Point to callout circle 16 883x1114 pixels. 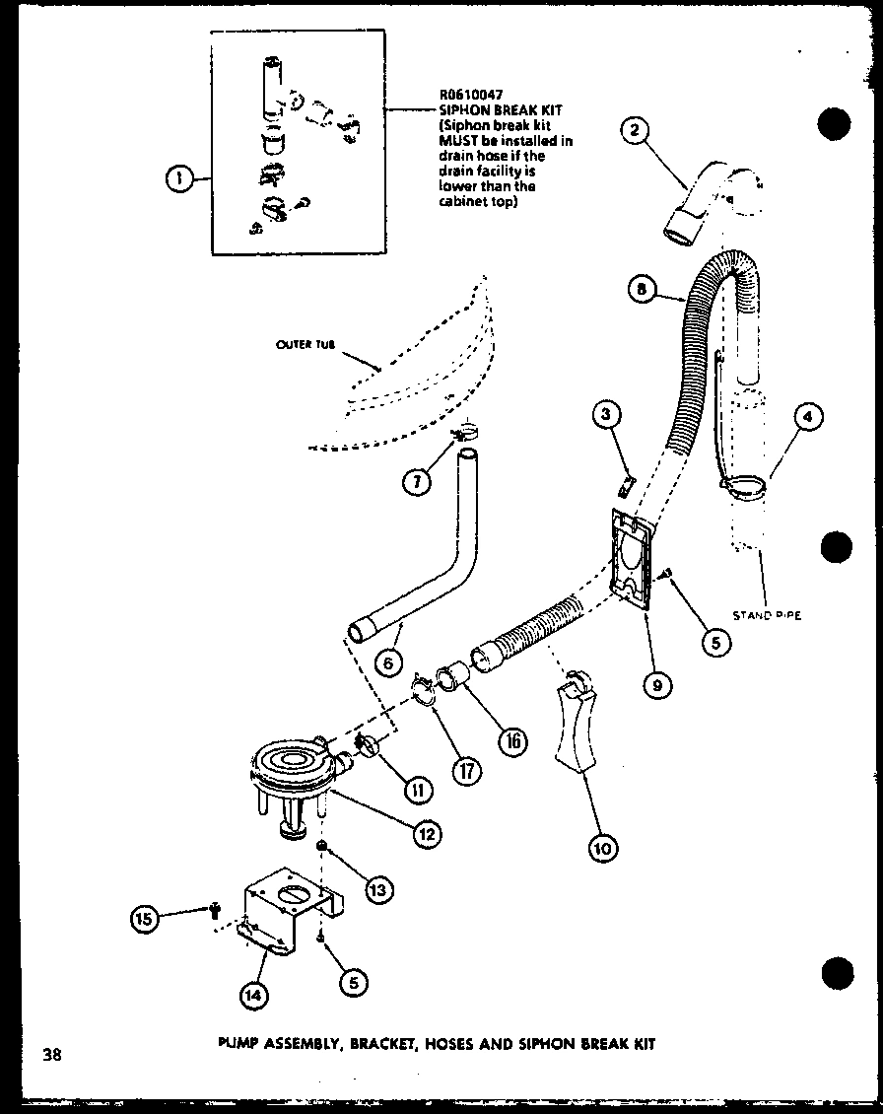tap(510, 741)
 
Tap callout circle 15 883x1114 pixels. tap(146, 918)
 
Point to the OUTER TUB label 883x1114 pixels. tap(306, 345)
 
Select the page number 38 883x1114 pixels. tap(51, 1055)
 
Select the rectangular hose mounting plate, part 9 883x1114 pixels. tap(631, 557)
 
